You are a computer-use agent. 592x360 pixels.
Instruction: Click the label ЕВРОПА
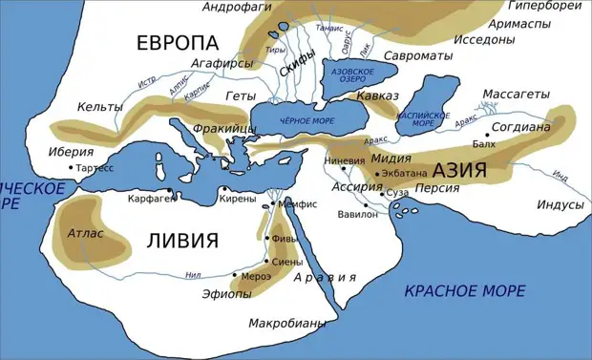[178, 43]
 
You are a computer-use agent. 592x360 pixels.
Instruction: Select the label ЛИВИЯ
[181, 240]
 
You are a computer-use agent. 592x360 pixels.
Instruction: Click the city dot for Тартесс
[71, 168]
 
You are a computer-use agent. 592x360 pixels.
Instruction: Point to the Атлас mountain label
[86, 233]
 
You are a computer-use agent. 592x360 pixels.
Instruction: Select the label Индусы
[560, 205]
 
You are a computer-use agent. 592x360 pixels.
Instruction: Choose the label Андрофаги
[238, 8]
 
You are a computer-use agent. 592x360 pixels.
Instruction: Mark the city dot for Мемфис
[272, 204]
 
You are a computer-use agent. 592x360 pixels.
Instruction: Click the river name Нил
[192, 275]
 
